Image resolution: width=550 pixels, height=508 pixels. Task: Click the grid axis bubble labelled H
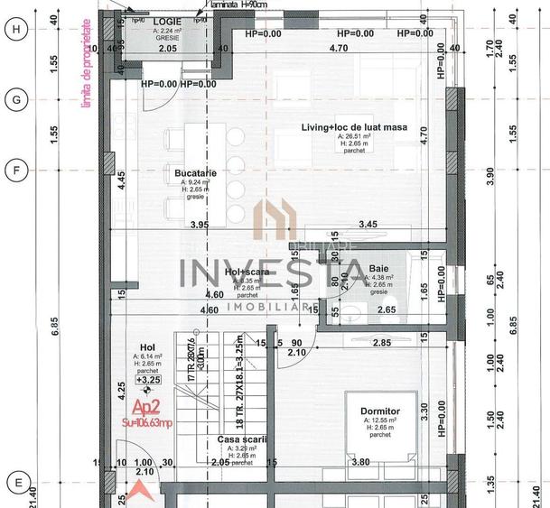tap(14, 29)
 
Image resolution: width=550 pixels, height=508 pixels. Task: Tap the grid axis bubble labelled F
tap(14, 169)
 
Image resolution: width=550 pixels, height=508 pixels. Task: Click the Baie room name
tap(379, 268)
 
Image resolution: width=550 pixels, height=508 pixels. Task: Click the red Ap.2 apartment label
tap(147, 407)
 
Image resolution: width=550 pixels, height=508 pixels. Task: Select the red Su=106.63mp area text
tap(149, 420)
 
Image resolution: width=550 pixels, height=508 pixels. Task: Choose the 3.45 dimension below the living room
tap(368, 224)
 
